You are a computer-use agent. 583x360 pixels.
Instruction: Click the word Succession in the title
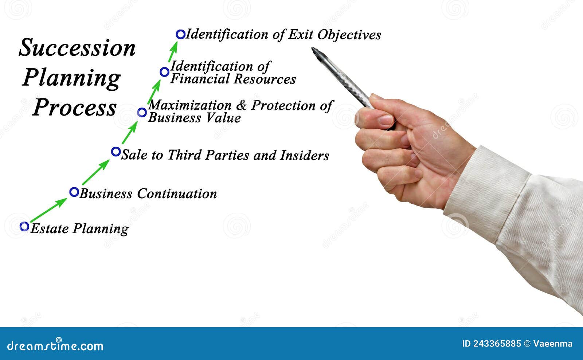[77, 48]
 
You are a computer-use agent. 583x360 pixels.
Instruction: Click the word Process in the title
[74, 108]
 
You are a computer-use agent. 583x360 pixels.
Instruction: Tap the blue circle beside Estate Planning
[24, 226]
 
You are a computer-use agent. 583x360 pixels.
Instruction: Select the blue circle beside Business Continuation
[74, 192]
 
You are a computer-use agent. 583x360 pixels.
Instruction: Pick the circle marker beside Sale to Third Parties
[116, 152]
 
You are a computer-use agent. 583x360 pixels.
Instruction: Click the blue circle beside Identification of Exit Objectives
[180, 34]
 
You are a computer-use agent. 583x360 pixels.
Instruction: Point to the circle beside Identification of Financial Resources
[164, 72]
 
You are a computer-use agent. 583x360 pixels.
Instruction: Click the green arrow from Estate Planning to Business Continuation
[48, 211]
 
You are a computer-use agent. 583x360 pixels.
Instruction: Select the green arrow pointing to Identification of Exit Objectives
[172, 52]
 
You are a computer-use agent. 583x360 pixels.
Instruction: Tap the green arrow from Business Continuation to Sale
[95, 172]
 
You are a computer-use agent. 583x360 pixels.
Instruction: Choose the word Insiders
[304, 156]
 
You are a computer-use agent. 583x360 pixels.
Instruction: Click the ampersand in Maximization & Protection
[241, 105]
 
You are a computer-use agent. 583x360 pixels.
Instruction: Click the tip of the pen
[313, 49]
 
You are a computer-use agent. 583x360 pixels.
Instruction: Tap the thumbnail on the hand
[385, 120]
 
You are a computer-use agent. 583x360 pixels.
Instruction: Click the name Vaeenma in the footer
[553, 344]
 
